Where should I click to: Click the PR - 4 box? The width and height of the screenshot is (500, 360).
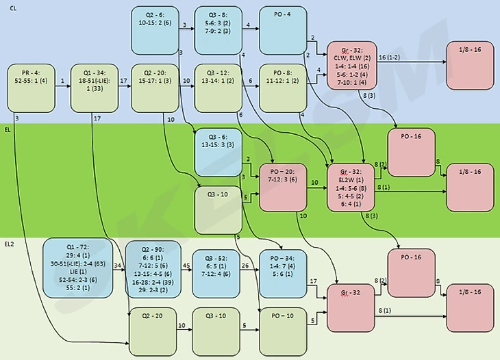pyautogui.click(x=29, y=88)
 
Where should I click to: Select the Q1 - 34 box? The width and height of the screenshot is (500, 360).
pyautogui.click(x=94, y=88)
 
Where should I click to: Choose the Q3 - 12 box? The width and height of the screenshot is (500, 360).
pyautogui.click(x=217, y=88)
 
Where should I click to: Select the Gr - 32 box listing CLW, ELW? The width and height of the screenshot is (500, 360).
pyautogui.click(x=351, y=64)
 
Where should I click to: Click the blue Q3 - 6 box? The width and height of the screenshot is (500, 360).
pyautogui.click(x=217, y=152)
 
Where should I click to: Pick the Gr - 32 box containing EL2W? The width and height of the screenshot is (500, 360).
pyautogui.click(x=351, y=186)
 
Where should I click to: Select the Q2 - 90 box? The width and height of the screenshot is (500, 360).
pyautogui.click(x=153, y=269)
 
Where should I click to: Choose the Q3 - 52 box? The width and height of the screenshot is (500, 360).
pyautogui.click(x=217, y=269)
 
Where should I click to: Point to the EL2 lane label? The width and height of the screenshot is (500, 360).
pyautogui.click(x=10, y=244)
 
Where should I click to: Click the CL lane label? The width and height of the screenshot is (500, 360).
pyautogui.click(x=9, y=8)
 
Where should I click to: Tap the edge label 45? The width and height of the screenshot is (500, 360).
pyautogui.click(x=186, y=264)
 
